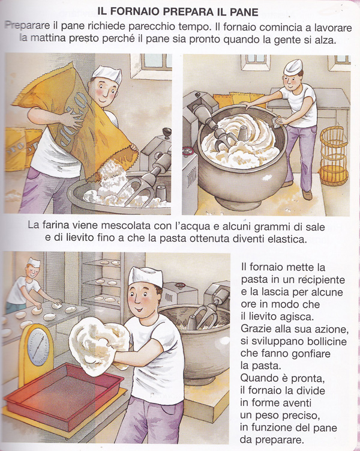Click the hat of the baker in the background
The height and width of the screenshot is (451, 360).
coord(34,262)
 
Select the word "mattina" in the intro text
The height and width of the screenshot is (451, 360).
coord(47,38)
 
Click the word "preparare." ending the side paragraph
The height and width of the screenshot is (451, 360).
coord(280,440)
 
